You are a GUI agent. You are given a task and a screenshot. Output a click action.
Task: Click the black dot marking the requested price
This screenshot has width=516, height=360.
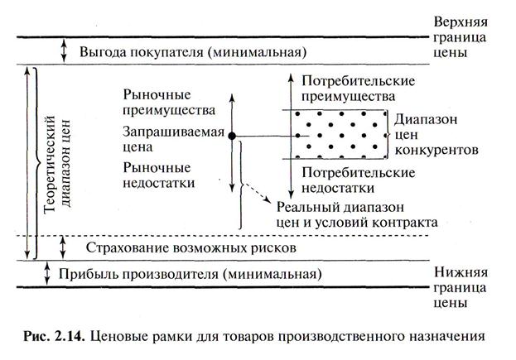point(233,135)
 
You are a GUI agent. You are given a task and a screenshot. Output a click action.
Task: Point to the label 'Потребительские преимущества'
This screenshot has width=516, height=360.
point(357,91)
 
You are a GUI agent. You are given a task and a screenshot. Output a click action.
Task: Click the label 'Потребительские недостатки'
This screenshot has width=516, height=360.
point(357,180)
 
